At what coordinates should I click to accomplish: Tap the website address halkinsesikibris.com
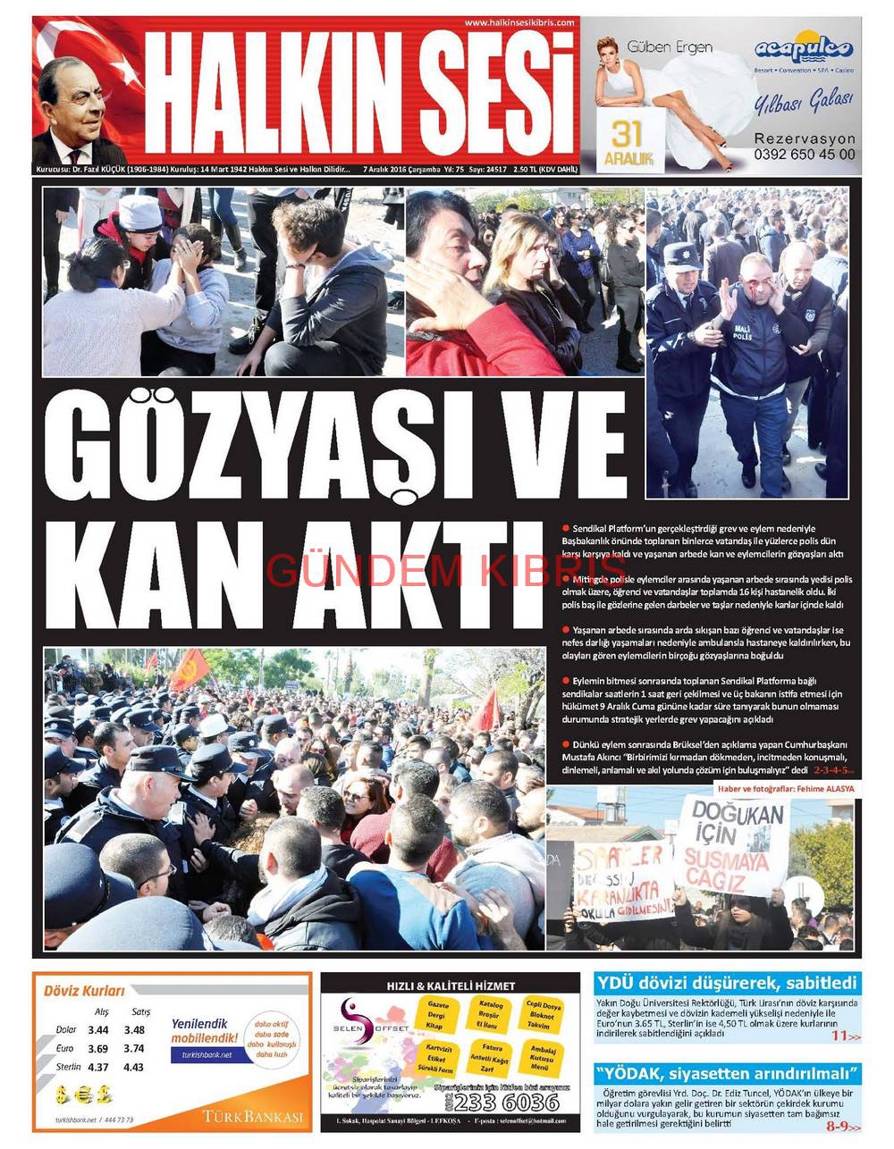(519, 22)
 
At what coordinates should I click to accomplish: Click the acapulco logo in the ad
(804, 49)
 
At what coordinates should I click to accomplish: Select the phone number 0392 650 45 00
(804, 154)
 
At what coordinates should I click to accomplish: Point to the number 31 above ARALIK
(628, 134)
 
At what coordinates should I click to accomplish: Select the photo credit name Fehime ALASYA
(821, 789)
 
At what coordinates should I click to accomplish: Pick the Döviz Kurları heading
(85, 990)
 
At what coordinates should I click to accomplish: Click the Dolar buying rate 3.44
(98, 1030)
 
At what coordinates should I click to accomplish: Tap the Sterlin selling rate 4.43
(134, 1067)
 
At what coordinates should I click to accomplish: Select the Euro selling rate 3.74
(134, 1049)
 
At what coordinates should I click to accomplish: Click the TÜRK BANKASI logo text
(252, 1117)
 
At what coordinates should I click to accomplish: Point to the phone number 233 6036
(506, 1103)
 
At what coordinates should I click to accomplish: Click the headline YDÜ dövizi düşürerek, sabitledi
(727, 984)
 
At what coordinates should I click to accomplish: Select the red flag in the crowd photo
(190, 667)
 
